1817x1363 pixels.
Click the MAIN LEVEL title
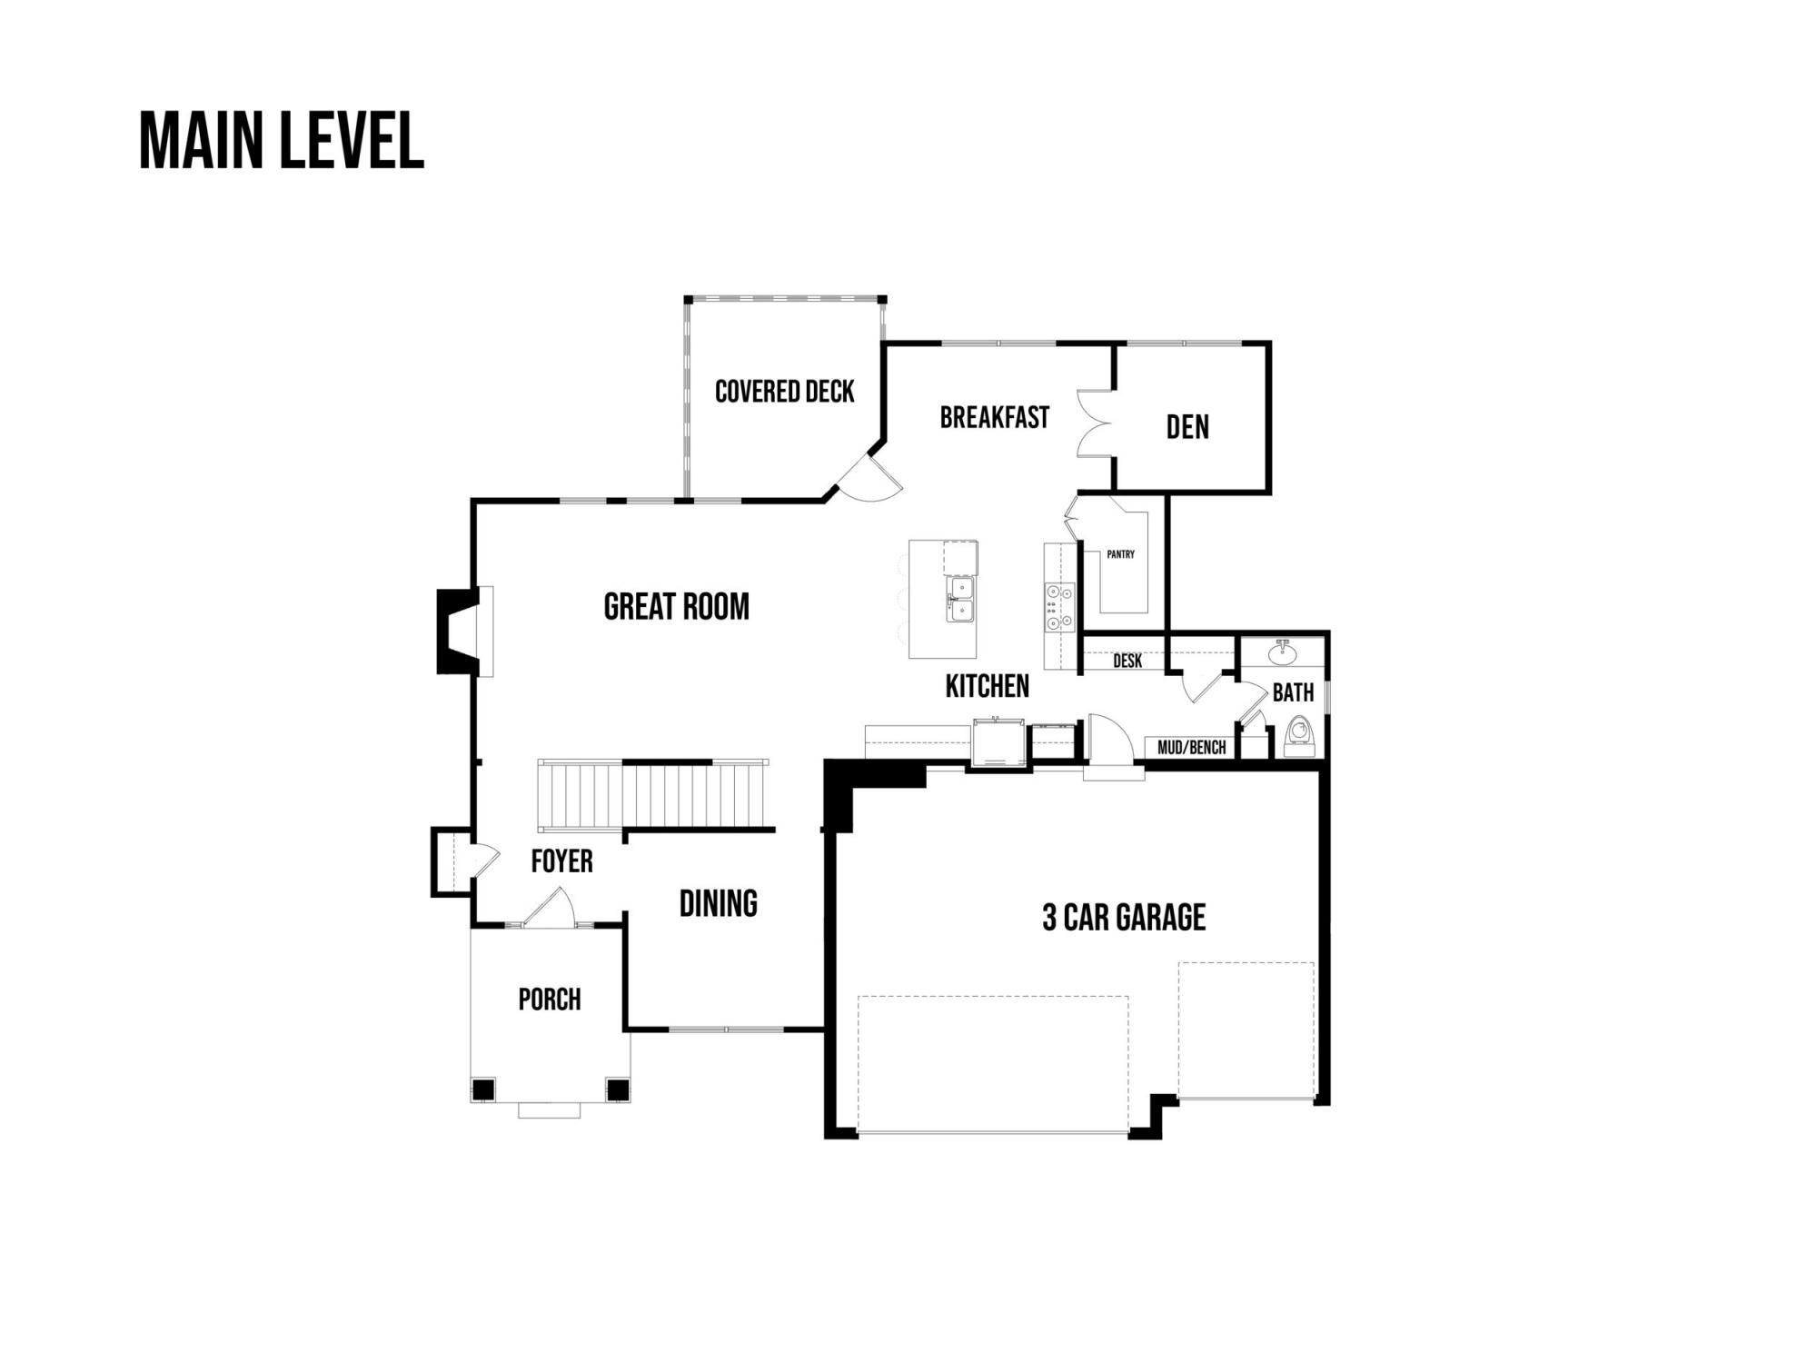coord(282,141)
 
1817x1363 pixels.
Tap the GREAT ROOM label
coord(677,607)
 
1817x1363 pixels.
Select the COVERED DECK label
coord(785,392)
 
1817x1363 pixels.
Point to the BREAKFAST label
coord(995,417)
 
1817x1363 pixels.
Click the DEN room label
coord(1187,427)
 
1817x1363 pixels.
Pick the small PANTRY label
coord(1121,554)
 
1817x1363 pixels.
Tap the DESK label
coord(1127,661)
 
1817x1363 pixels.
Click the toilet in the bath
coord(1300,736)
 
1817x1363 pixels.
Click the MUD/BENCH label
coord(1192,748)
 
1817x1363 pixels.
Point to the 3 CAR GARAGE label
coord(1124,918)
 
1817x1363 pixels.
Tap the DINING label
coord(719,903)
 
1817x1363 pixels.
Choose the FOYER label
coord(561,861)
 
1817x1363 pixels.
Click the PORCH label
coord(550,1000)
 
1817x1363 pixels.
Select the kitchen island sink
coord(959,601)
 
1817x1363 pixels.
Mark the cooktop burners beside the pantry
coord(1059,606)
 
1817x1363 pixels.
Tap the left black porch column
coord(483,1089)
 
